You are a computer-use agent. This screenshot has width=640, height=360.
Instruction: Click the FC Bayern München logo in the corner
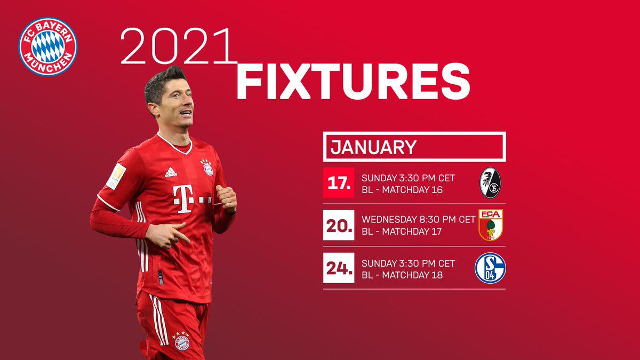(x=48, y=46)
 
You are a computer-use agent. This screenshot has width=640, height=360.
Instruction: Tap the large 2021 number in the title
(x=178, y=46)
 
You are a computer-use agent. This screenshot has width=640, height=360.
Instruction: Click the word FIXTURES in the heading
(x=354, y=81)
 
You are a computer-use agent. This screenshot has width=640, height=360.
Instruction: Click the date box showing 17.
(x=339, y=183)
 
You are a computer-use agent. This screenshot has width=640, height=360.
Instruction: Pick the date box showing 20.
(x=339, y=225)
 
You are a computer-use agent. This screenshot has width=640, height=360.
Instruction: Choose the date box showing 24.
(x=339, y=268)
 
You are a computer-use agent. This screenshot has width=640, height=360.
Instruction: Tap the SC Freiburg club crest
(x=490, y=183)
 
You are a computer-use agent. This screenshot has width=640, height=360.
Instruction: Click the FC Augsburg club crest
(x=491, y=225)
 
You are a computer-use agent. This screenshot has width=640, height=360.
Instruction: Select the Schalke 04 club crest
(x=490, y=268)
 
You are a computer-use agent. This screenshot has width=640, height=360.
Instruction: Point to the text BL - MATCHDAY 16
(x=402, y=190)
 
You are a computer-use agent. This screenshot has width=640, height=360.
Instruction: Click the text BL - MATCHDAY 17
(x=402, y=231)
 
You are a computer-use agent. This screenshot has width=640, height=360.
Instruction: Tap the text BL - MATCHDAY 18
(x=402, y=275)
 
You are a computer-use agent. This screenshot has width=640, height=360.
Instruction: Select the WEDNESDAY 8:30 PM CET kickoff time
(x=419, y=219)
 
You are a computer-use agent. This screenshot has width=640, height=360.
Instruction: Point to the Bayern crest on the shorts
(x=182, y=341)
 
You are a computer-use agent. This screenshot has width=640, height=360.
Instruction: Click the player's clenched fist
(x=227, y=199)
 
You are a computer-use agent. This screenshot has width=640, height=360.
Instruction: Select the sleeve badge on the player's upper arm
(x=116, y=177)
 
